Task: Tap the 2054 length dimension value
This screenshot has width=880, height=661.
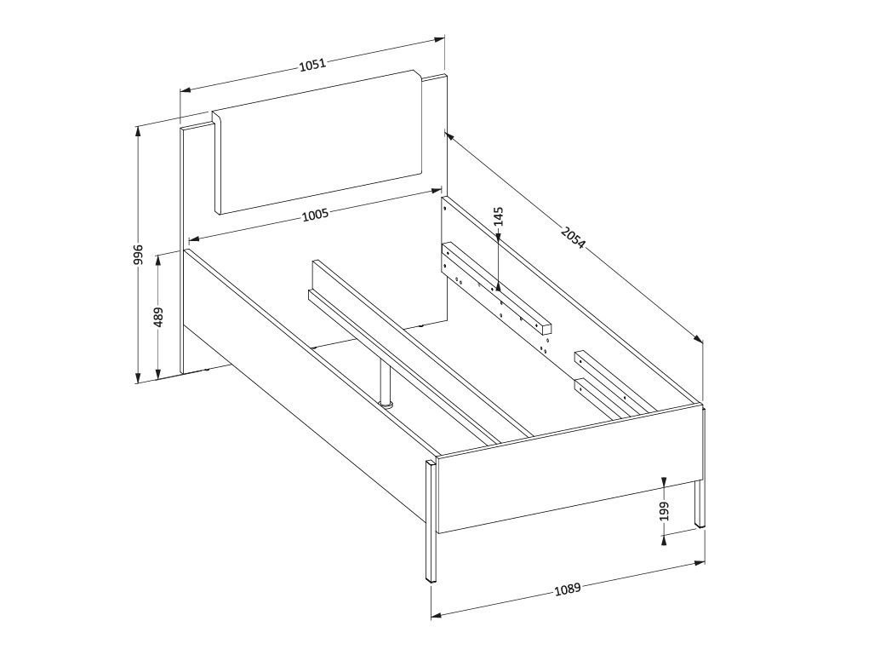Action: (x=573, y=237)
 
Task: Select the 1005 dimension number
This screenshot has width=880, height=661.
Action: (x=315, y=215)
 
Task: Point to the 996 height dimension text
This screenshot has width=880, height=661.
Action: (x=138, y=255)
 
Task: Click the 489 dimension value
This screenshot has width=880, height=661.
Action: (x=158, y=317)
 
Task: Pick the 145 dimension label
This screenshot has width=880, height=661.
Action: (x=498, y=217)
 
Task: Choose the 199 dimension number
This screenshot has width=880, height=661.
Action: (x=665, y=510)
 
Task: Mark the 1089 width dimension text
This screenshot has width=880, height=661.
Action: (x=568, y=589)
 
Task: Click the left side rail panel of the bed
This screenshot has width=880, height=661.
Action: (x=306, y=383)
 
